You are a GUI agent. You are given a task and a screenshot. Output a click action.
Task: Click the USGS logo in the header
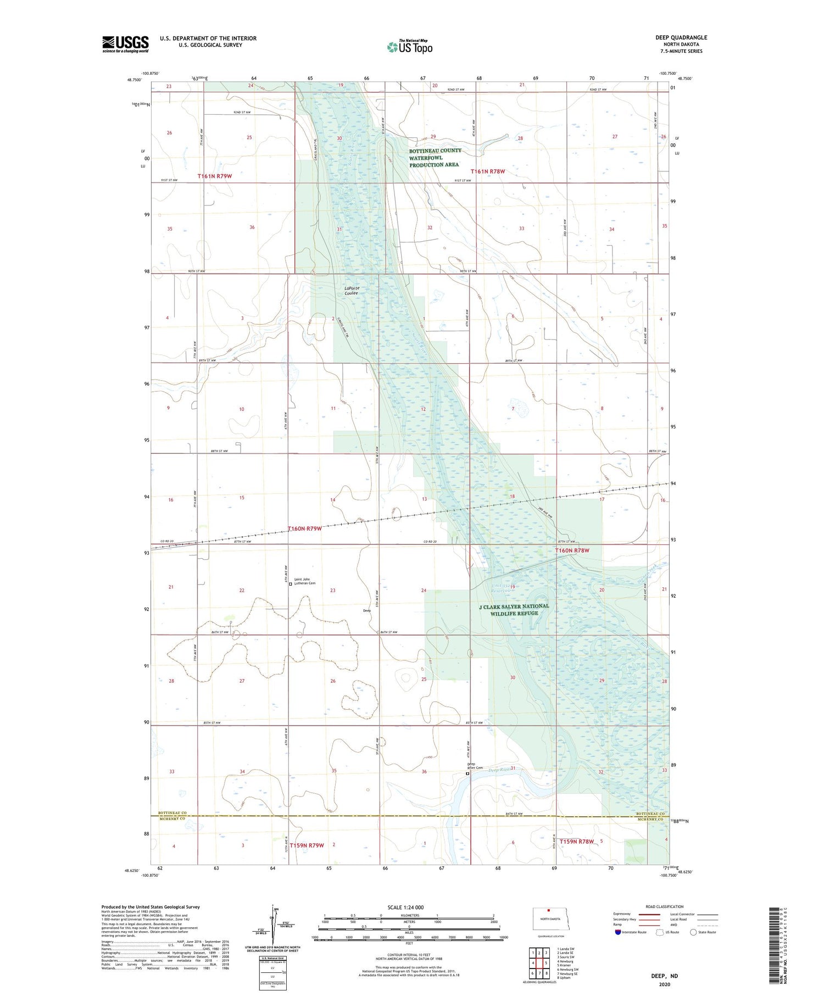coord(125,44)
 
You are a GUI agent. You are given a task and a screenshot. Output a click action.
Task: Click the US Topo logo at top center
coord(409,47)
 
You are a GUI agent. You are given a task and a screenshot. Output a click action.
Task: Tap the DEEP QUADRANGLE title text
coord(681,37)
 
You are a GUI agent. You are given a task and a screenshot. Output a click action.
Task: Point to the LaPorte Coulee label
coord(351,290)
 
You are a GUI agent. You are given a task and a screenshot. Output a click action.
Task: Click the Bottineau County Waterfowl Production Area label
coord(435,158)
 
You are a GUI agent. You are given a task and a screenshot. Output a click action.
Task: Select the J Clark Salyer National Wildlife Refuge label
coord(514,610)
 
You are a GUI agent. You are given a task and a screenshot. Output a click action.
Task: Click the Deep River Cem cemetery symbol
coord(467,774)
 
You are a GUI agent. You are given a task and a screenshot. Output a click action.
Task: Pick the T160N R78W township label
coord(572,550)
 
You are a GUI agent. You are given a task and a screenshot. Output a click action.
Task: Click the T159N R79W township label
coord(307,845)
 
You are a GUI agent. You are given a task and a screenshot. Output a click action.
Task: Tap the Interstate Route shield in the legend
coord(618,932)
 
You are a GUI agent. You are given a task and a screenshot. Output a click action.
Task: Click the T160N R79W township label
coord(305,528)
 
